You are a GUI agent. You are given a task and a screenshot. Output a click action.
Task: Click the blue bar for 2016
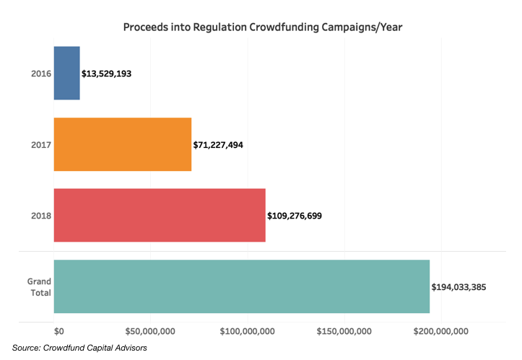[x=66, y=73]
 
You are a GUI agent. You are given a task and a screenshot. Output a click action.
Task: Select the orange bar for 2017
[x=123, y=144]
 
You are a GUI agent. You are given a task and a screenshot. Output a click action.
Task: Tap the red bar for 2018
[x=160, y=215]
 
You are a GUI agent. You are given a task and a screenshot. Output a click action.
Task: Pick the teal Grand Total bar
[x=241, y=286]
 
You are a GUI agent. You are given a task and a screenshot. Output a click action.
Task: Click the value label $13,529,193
[x=106, y=74]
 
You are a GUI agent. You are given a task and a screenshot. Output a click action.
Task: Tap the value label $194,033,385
[x=458, y=286]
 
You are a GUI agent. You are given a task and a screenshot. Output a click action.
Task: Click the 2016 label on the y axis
[x=40, y=74]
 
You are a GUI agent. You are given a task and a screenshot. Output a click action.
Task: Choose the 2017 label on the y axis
[x=40, y=144]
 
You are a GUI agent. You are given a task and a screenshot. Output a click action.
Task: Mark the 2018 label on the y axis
[x=40, y=215]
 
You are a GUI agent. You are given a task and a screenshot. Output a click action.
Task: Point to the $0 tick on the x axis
[x=59, y=330]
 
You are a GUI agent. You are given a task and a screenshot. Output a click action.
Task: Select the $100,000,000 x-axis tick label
[x=247, y=330]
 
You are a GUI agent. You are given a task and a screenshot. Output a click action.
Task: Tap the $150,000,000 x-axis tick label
[x=344, y=330]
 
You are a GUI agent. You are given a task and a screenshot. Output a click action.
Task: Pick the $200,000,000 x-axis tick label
[x=441, y=330]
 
